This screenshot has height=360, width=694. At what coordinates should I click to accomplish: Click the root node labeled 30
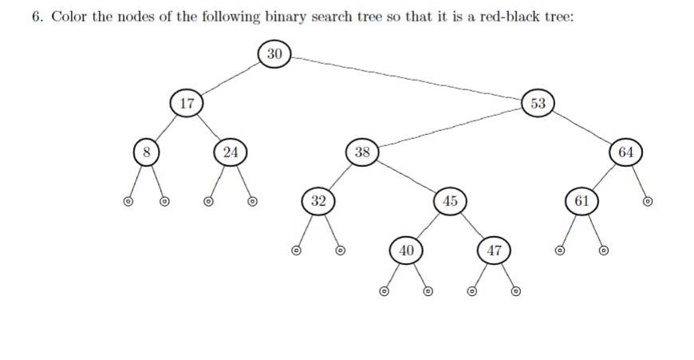click(x=274, y=54)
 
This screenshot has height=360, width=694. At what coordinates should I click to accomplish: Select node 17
click(x=187, y=103)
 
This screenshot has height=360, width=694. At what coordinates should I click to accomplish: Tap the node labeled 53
click(x=538, y=103)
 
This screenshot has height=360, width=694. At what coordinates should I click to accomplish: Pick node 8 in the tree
click(x=147, y=152)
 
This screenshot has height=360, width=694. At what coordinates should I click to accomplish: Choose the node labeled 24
click(x=231, y=152)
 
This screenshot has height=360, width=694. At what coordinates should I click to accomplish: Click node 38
click(x=362, y=152)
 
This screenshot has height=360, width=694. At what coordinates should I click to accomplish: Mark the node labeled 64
click(x=625, y=152)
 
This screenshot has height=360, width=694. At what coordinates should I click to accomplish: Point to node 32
click(x=318, y=200)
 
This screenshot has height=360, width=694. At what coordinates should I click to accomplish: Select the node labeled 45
click(x=450, y=200)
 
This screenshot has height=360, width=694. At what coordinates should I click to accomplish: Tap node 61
click(x=582, y=200)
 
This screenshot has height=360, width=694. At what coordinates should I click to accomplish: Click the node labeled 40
click(x=406, y=250)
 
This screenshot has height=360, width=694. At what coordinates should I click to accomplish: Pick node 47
click(x=494, y=250)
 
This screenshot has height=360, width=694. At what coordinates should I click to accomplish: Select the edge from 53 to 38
click(x=451, y=128)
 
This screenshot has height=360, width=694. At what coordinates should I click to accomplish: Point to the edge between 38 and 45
click(x=406, y=176)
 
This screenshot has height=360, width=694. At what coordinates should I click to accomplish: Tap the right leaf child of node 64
click(x=647, y=201)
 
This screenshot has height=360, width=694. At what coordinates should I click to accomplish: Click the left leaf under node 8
click(x=127, y=201)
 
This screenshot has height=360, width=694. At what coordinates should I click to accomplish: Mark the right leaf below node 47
click(x=515, y=291)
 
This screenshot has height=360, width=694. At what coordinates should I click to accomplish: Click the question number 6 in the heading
click(x=37, y=18)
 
